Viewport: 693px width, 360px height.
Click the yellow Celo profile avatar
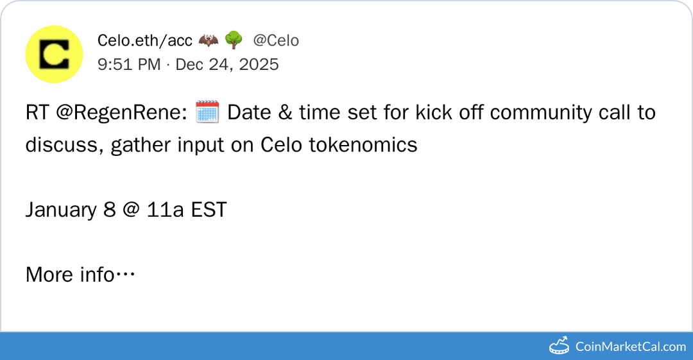[54, 54]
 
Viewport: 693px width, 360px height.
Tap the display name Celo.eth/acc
[144, 40]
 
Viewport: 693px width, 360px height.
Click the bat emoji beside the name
[208, 40]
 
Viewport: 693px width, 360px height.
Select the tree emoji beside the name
[234, 40]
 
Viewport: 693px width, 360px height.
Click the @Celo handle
[276, 40]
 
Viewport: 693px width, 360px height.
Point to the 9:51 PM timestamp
[129, 64]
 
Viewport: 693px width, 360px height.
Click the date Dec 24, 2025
[227, 64]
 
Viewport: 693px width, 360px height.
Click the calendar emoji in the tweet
[207, 112]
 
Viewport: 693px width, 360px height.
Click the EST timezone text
[209, 210]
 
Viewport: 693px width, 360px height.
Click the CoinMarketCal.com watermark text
[630, 347]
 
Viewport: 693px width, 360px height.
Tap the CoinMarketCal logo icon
[560, 346]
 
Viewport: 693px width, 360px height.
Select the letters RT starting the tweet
[37, 113]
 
